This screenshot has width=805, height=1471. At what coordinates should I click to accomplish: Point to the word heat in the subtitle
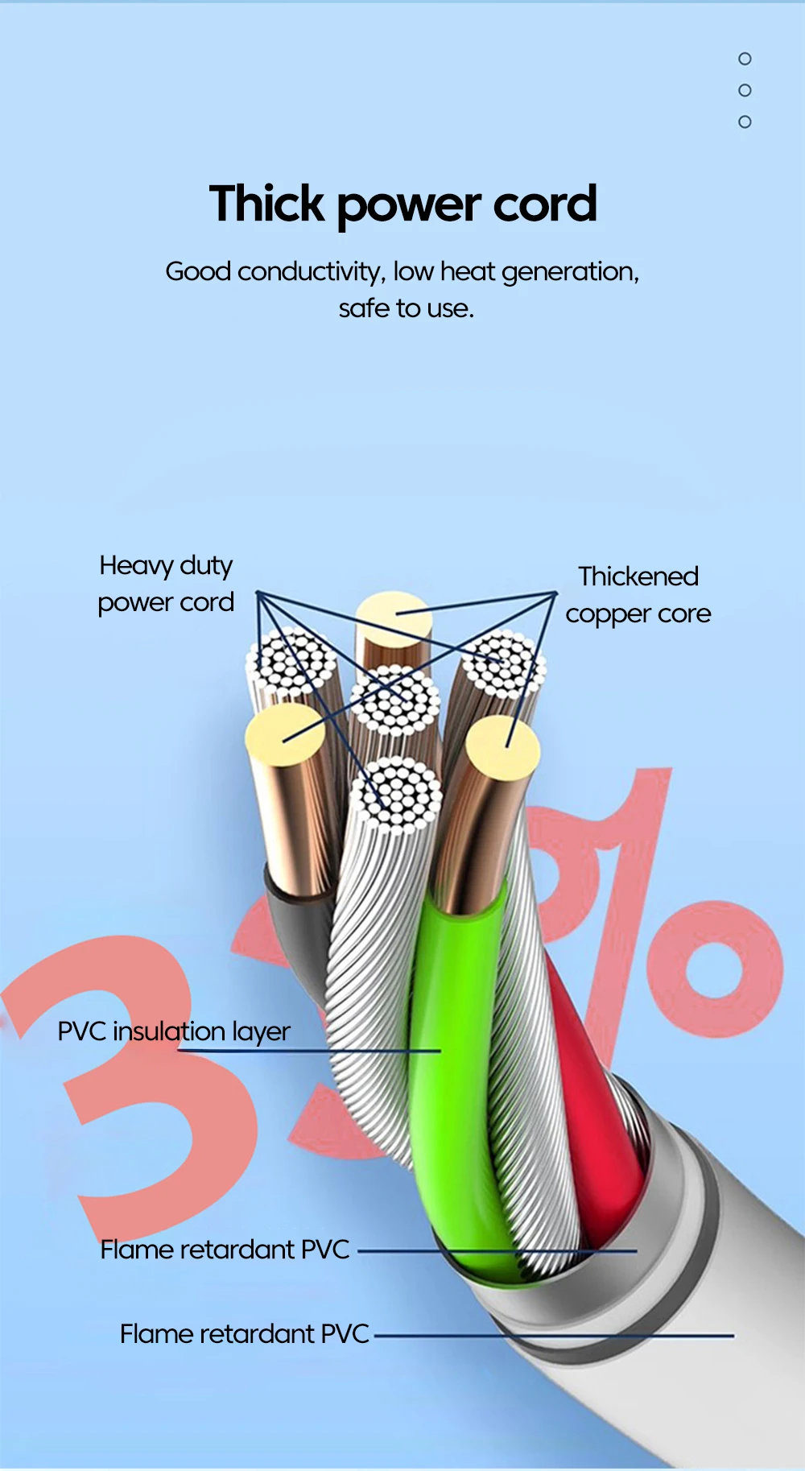coord(467,272)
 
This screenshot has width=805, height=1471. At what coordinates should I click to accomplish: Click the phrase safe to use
coord(406,308)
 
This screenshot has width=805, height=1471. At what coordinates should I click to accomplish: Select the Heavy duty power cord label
coord(166,584)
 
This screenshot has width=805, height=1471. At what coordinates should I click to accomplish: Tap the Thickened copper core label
coord(638,595)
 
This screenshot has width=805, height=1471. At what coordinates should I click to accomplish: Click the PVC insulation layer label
coord(174,1031)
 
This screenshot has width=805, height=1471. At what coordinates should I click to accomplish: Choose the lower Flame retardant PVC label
coord(244,1334)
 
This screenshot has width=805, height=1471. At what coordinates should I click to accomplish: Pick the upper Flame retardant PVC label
coord(225,1250)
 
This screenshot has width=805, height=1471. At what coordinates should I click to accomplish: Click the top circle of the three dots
coord(745,59)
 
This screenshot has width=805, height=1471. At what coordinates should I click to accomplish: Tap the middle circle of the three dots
coord(745,90)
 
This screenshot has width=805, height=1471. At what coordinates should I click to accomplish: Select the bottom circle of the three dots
coord(745,122)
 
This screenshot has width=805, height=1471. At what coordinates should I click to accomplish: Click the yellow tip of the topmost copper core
coord(394,618)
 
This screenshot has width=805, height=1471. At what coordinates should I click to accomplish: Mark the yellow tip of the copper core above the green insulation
coord(503,745)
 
